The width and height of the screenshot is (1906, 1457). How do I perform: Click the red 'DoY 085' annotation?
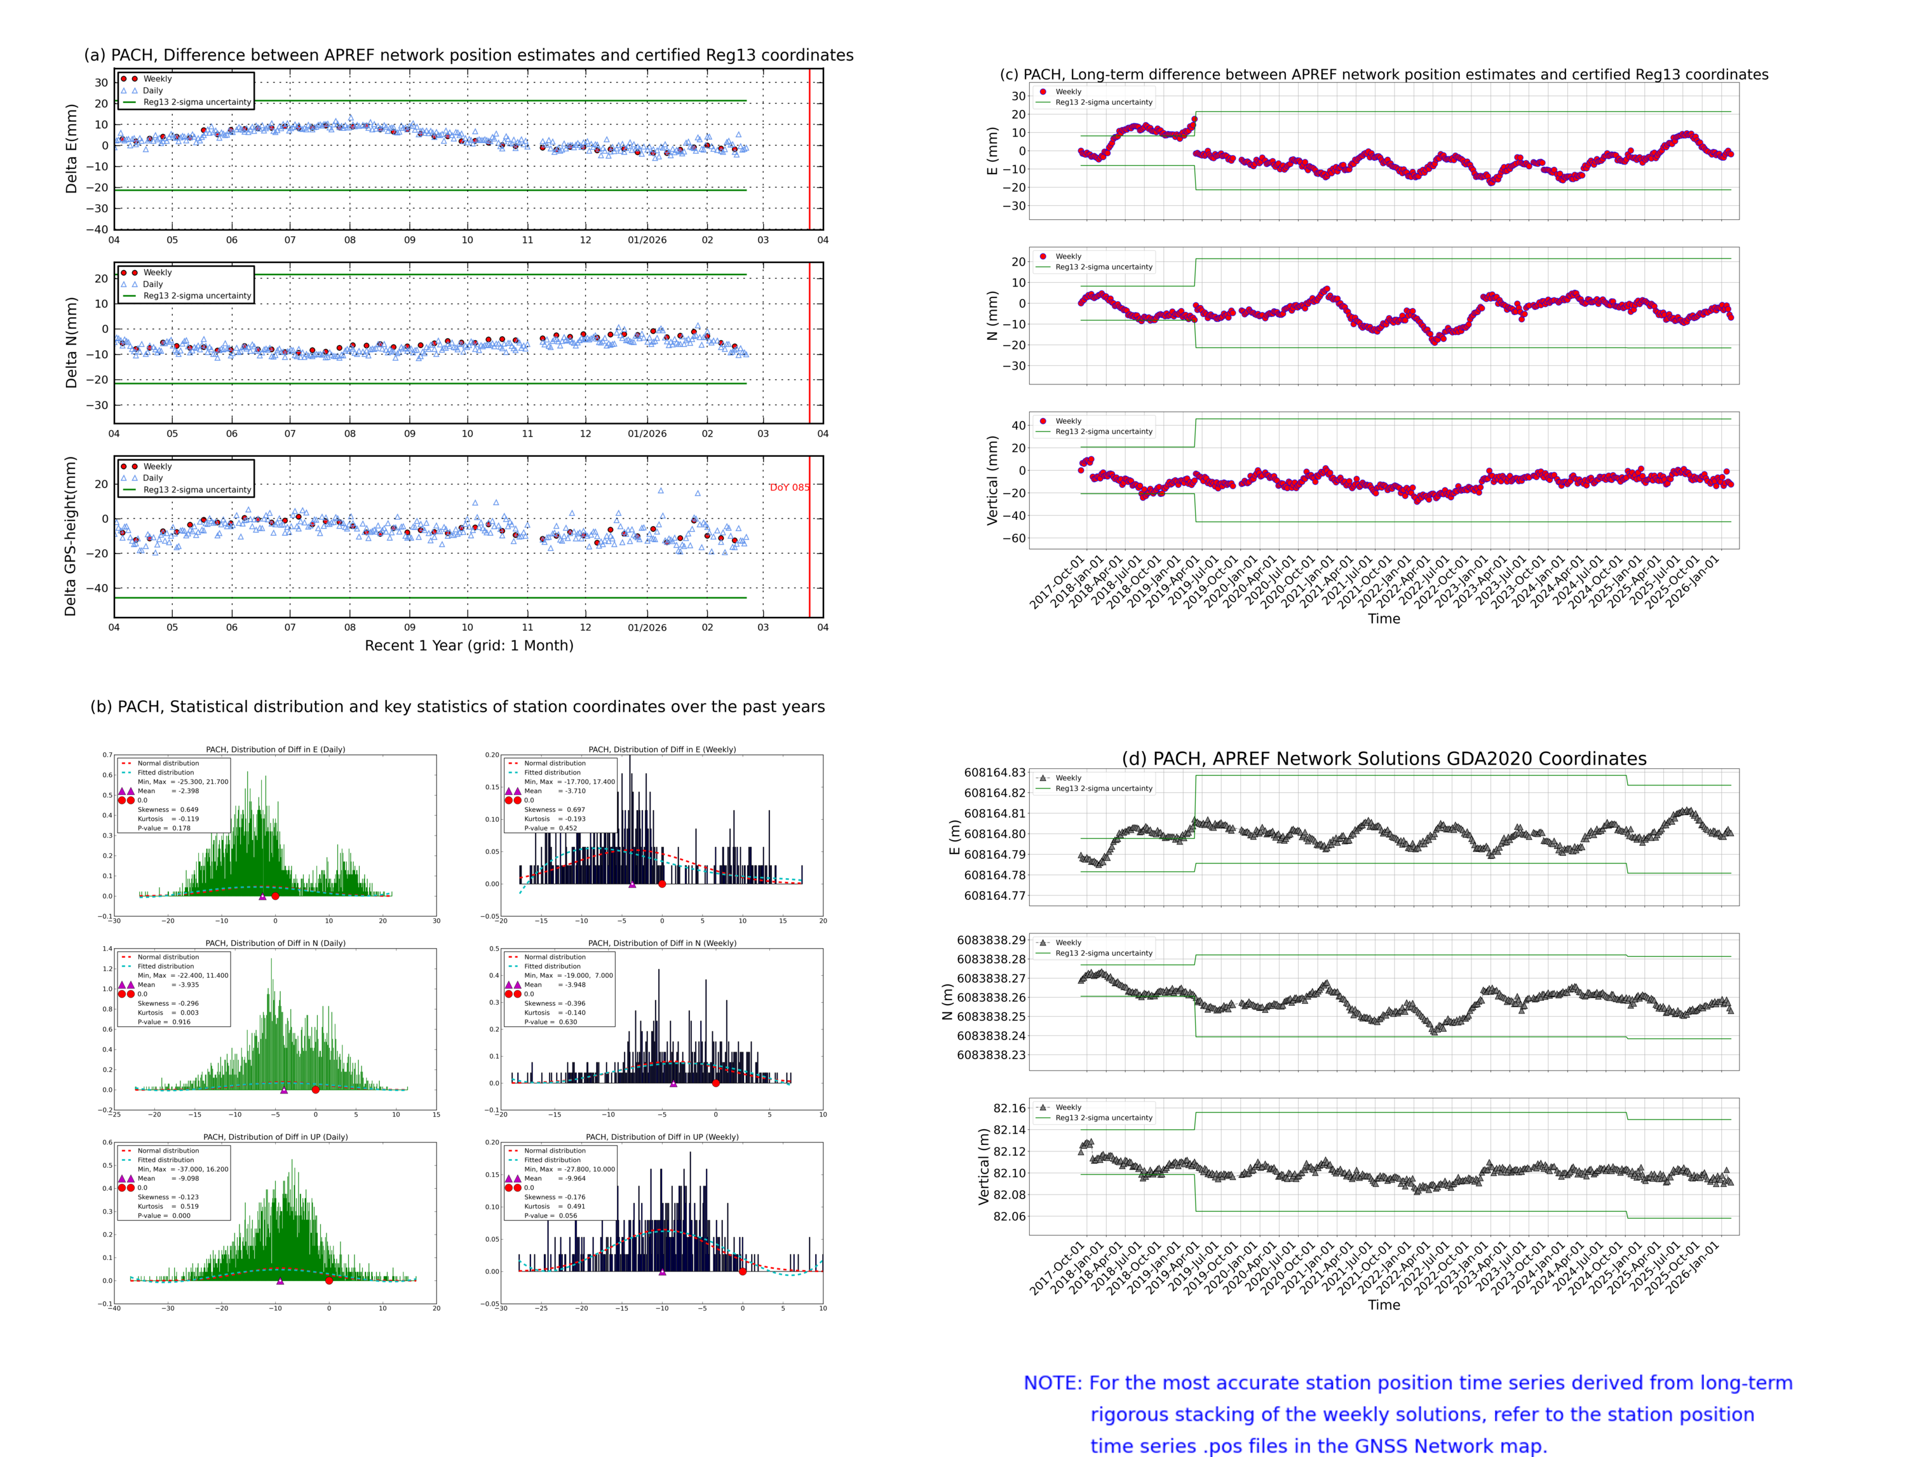(789, 487)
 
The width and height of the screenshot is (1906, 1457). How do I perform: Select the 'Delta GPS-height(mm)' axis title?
(71, 536)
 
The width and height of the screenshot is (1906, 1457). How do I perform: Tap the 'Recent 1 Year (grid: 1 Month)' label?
(468, 645)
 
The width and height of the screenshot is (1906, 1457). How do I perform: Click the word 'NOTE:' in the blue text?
(1052, 1383)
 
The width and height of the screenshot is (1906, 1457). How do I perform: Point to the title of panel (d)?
(1383, 759)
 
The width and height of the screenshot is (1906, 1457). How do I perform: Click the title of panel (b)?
(457, 707)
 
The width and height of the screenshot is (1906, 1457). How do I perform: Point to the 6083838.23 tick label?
(990, 1055)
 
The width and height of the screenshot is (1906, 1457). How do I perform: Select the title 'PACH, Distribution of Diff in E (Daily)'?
(275, 749)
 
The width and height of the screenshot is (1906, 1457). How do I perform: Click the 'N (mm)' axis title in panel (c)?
(992, 315)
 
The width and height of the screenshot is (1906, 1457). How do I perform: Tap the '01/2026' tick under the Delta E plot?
(647, 240)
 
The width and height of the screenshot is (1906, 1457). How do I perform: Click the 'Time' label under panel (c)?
(1383, 618)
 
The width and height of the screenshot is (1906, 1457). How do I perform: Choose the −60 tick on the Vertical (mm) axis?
(1014, 539)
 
